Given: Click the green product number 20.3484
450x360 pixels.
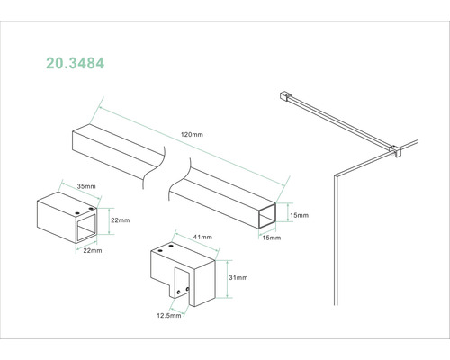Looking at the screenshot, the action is tap(75, 63).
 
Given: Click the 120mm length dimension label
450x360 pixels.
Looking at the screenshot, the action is tap(192, 135).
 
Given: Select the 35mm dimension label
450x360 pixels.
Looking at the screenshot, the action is tap(86, 186).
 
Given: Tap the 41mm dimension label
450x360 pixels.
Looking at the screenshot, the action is tap(202, 237).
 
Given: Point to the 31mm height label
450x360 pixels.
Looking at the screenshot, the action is tap(238, 278).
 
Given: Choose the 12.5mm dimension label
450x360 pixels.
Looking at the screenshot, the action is tap(169, 315).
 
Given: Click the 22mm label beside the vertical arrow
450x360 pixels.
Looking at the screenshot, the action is tap(121, 220).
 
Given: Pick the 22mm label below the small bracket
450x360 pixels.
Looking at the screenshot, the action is tap(93, 250).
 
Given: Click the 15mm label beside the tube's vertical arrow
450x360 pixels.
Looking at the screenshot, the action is tap(299, 215).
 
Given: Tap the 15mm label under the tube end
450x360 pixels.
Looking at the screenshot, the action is tap(272, 238).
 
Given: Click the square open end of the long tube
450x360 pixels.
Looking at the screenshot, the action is tap(267, 216).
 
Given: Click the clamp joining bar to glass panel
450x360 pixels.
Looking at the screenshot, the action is tap(396, 151).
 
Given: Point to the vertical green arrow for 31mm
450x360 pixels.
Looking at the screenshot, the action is tap(228, 279).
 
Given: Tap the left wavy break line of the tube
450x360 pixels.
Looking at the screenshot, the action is tap(153, 167).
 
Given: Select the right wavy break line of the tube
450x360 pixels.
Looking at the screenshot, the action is tap(179, 179).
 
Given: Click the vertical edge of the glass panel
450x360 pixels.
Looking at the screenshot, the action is tap(336, 240).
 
